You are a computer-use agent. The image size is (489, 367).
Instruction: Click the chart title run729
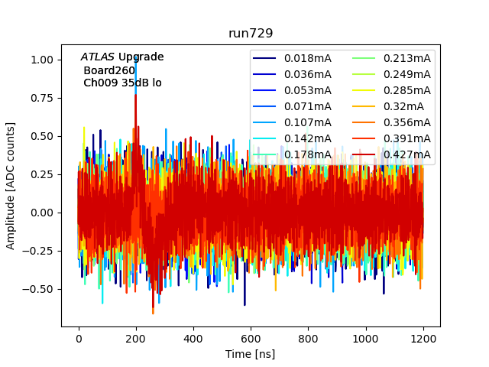point(251,34)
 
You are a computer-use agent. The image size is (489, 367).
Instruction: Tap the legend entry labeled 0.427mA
point(406,154)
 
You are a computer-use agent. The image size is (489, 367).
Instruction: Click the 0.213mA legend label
point(406,57)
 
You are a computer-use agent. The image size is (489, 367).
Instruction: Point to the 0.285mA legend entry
point(406,90)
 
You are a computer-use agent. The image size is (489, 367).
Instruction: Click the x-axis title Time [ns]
point(251,354)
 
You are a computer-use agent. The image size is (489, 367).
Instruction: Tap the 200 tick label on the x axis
point(136,338)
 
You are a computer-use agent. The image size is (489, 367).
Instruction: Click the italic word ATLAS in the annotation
point(98,57)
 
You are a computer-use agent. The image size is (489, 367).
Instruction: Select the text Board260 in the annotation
point(109,70)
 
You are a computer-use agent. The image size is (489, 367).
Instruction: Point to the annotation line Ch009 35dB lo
point(122,83)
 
